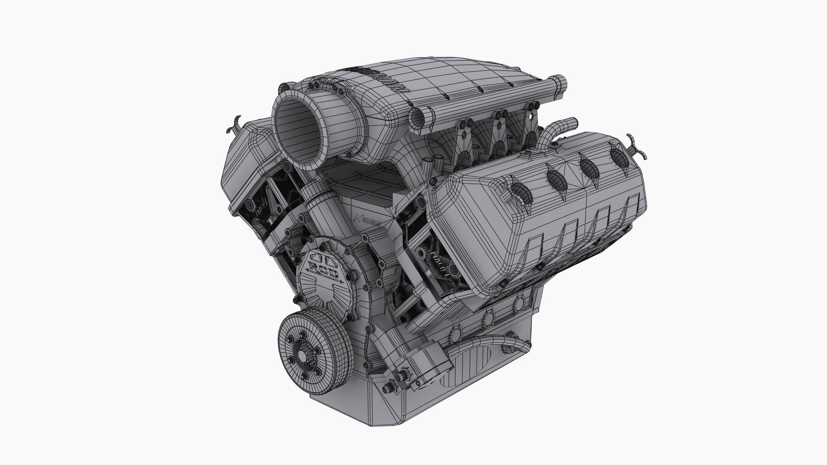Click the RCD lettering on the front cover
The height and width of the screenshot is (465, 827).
coord(324,270)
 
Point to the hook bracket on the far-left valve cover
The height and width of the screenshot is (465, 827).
coord(233,125)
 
